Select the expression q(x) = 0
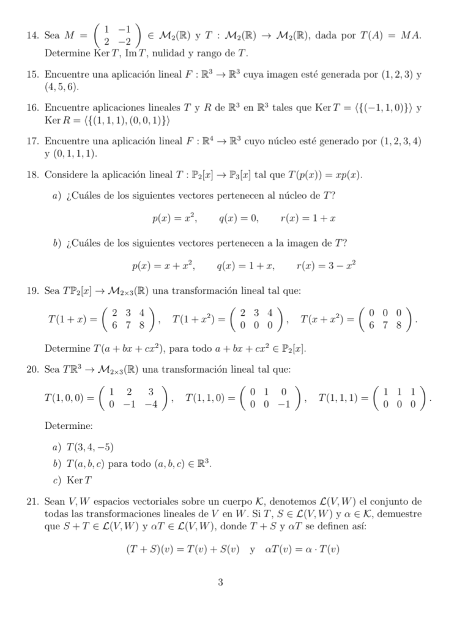[238, 218]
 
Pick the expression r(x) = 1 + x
[308, 218]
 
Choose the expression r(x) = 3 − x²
[326, 266]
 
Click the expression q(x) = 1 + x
[245, 266]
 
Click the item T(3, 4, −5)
[89, 447]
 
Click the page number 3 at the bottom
[220, 583]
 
